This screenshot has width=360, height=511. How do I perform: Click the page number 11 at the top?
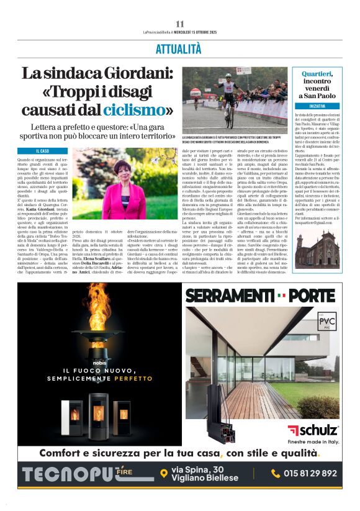coord(180,24)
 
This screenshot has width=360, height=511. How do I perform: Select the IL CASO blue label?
coord(43,151)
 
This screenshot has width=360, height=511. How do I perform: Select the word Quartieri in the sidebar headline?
coord(317,73)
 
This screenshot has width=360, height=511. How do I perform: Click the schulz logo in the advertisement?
coord(313,430)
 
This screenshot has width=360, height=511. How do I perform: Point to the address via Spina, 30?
coord(197,469)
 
